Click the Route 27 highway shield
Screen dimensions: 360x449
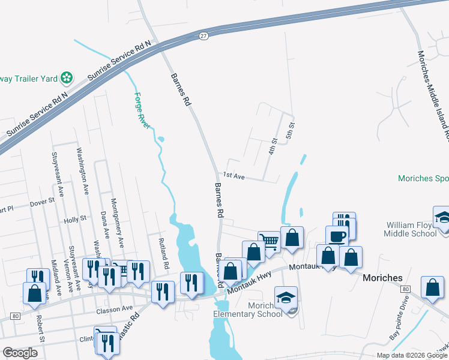click(x=204, y=36)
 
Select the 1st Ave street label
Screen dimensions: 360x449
click(x=234, y=176)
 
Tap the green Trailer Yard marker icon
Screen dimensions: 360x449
click(x=67, y=77)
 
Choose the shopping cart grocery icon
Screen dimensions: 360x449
click(x=270, y=241)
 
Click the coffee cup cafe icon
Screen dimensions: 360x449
click(x=337, y=235)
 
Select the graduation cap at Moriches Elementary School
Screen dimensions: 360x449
click(x=286, y=296)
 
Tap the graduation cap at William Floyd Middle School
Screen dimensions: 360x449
click(x=442, y=216)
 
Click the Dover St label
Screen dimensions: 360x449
click(x=42, y=203)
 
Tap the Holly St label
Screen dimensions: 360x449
click(x=75, y=220)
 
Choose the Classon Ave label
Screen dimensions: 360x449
click(x=114, y=308)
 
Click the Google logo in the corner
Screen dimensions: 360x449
click(x=20, y=353)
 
